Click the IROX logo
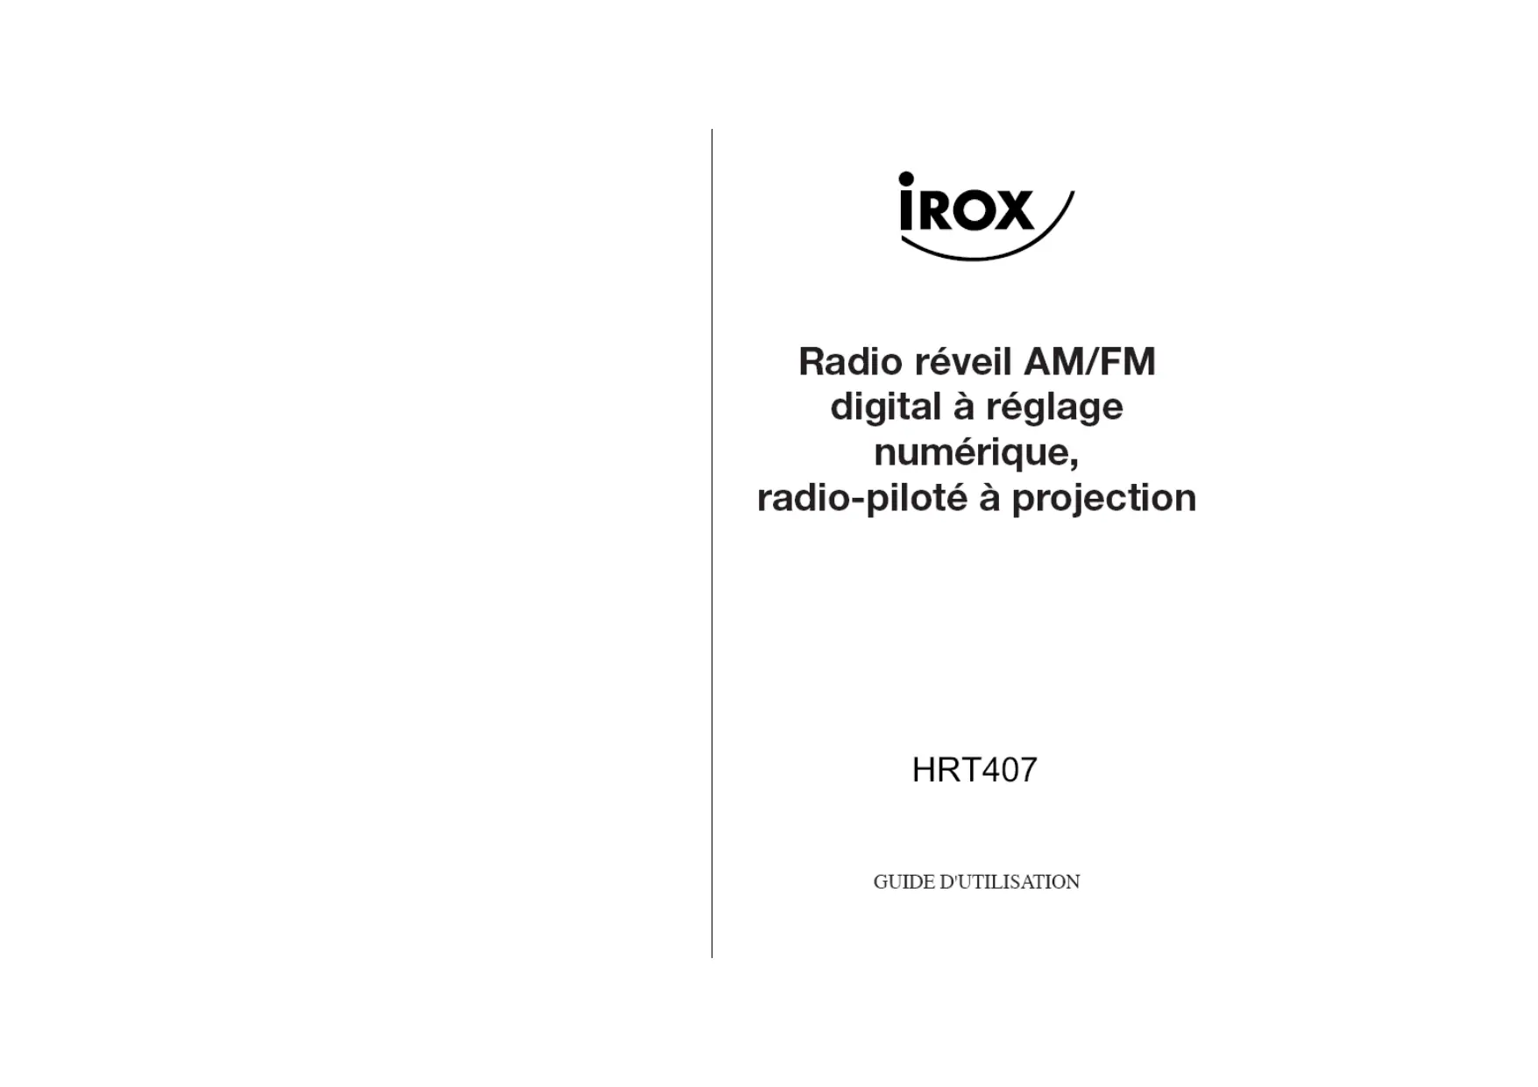[986, 216]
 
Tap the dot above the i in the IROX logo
[906, 179]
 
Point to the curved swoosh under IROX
[990, 241]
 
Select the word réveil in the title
[962, 362]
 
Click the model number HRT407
[975, 770]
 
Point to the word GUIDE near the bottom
[904, 882]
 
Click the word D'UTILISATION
[1010, 882]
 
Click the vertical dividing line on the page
[712, 543]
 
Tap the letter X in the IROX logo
[1014, 210]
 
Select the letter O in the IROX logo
[974, 210]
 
